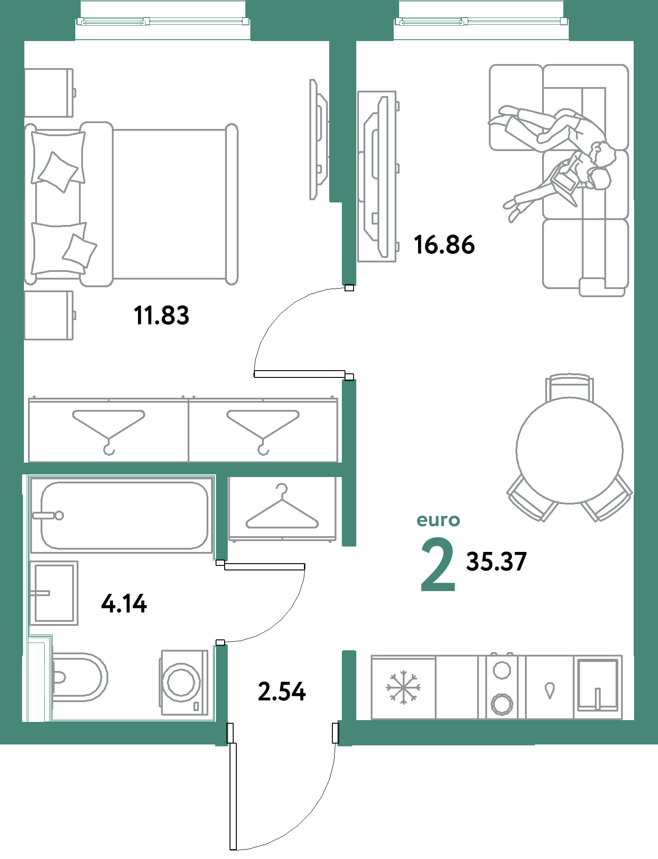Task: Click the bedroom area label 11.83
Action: (161, 315)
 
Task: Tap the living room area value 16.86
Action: (444, 245)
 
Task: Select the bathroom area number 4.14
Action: (124, 603)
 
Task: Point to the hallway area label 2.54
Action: (282, 691)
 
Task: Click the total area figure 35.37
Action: (496, 561)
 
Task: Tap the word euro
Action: (438, 520)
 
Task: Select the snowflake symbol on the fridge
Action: (403, 687)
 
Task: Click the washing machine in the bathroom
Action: (184, 682)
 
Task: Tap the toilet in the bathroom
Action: (79, 677)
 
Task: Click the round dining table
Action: (570, 450)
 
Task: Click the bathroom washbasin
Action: (54, 593)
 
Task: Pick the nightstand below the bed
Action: (49, 315)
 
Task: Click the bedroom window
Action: (163, 21)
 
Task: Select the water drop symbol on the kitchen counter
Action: (549, 690)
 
